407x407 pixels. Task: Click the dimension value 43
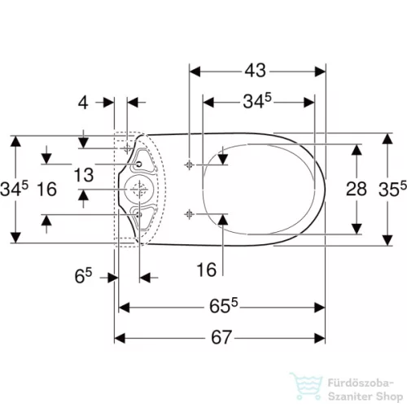tap(256, 71)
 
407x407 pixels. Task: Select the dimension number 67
tap(221, 337)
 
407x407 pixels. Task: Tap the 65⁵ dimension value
tap(224, 306)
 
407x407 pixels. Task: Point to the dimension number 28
tap(357, 189)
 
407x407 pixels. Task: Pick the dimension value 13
tap(84, 175)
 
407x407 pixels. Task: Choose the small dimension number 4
tap(83, 103)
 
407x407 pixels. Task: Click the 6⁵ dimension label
tap(83, 276)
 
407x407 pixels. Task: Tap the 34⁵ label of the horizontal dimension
tap(257, 101)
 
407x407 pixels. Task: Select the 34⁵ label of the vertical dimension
tap(14, 189)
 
